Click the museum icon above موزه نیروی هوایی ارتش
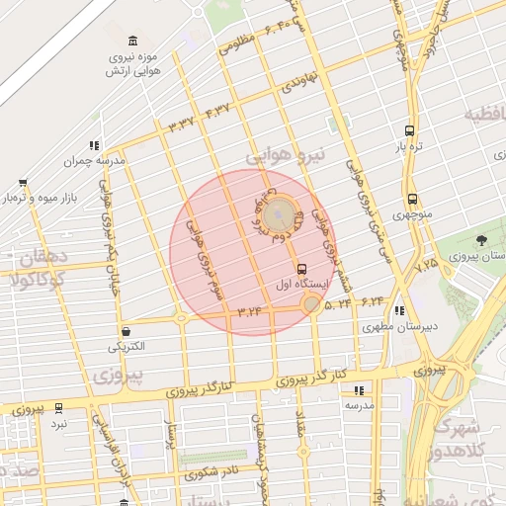133,41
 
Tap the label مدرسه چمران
95,160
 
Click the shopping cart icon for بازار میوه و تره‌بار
23,183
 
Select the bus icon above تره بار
409,130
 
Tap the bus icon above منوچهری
411,198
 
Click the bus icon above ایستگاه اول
301,268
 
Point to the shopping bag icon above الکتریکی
126,331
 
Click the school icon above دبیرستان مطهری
398,310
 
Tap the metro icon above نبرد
58,407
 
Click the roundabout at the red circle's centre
280,211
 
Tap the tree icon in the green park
481,239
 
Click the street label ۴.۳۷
217,109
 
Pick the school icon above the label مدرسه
358,390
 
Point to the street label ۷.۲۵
426,265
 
